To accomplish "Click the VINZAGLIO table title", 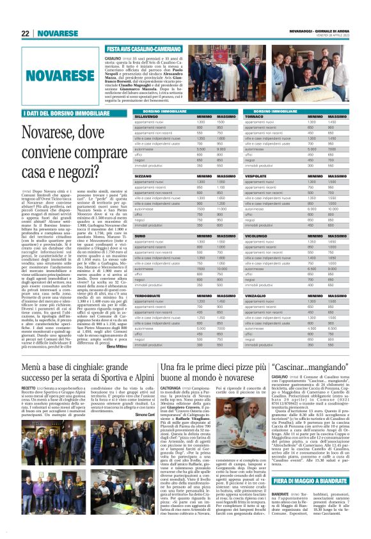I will coord(257,296).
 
